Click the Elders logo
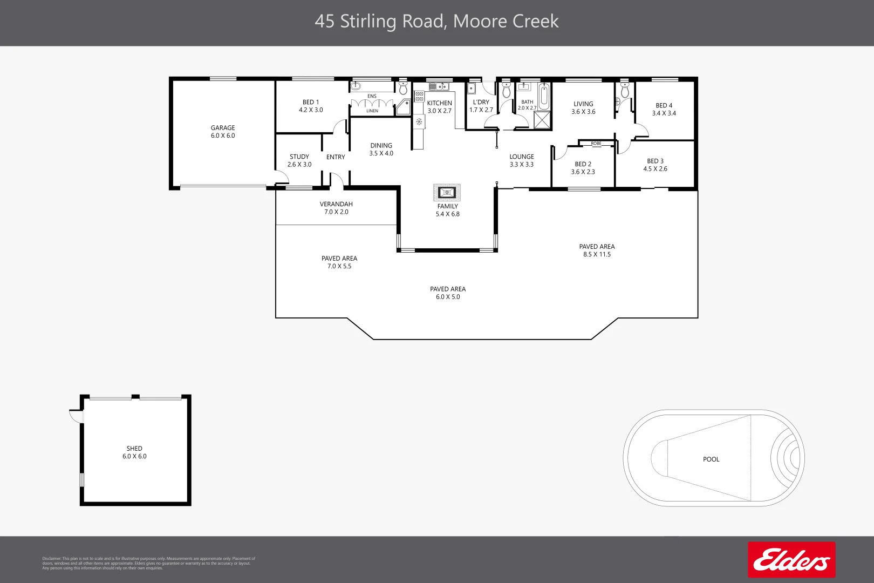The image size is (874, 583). (x=791, y=560)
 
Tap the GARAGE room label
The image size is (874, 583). (x=223, y=132)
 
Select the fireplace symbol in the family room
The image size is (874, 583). (x=447, y=192)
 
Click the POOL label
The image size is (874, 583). (x=711, y=459)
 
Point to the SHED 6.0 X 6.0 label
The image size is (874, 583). (x=134, y=452)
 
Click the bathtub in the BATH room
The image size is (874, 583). (x=544, y=97)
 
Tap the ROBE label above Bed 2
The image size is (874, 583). (x=596, y=144)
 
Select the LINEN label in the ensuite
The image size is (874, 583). (x=372, y=111)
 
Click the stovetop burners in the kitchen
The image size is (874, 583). (x=419, y=97)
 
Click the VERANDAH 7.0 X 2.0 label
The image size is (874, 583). (x=336, y=208)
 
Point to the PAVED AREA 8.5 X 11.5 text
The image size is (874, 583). (x=597, y=250)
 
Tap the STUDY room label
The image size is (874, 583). (x=299, y=160)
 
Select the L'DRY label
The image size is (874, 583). (x=481, y=102)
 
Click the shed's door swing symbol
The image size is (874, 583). (x=76, y=416)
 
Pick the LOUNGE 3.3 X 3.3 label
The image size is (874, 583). (x=521, y=160)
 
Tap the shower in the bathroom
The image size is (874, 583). (x=542, y=120)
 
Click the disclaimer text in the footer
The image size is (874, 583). (x=148, y=563)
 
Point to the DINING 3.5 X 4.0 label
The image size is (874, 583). (x=381, y=150)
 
